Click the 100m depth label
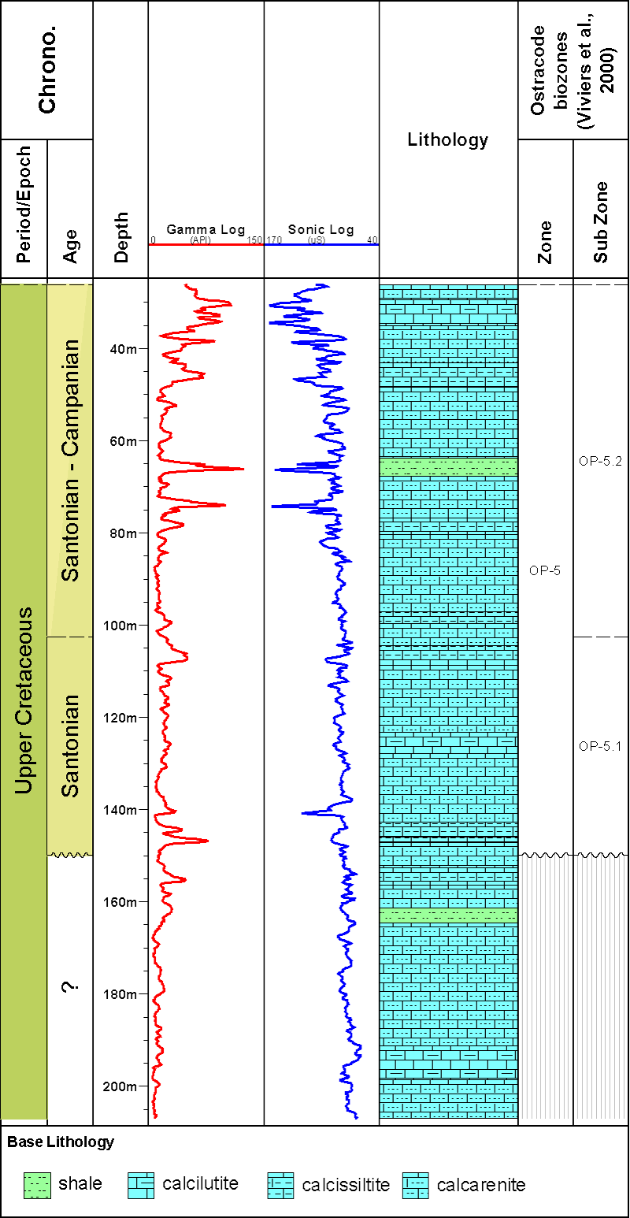(x=120, y=626)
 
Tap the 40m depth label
(x=123, y=349)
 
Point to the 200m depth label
(x=120, y=1086)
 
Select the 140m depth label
(x=120, y=810)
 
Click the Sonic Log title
(x=321, y=230)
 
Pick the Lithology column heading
(x=448, y=140)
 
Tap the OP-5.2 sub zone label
(x=600, y=462)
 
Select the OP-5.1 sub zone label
(x=600, y=746)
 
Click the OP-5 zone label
(x=545, y=570)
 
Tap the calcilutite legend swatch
(x=141, y=1184)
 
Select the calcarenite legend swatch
(x=416, y=1184)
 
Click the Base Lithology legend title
(x=61, y=1142)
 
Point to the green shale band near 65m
(x=448, y=467)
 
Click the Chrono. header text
(x=47, y=71)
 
